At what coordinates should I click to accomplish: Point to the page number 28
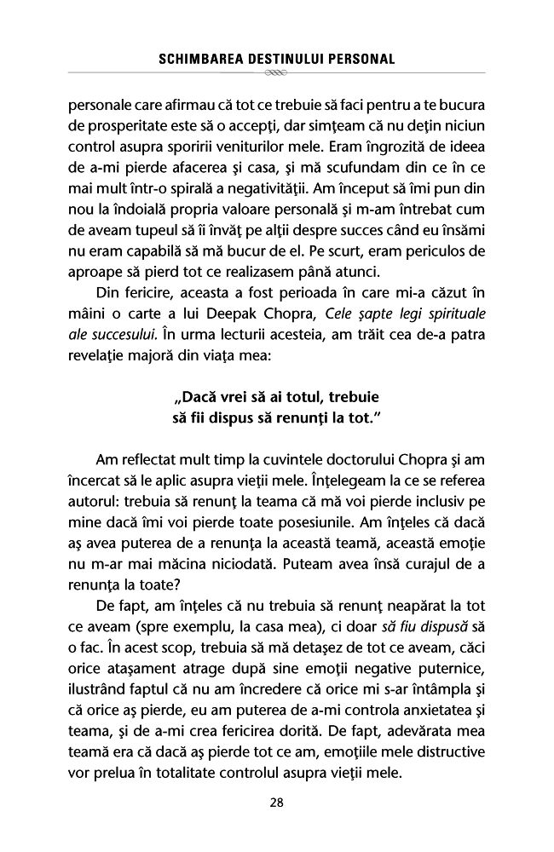[276, 802]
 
